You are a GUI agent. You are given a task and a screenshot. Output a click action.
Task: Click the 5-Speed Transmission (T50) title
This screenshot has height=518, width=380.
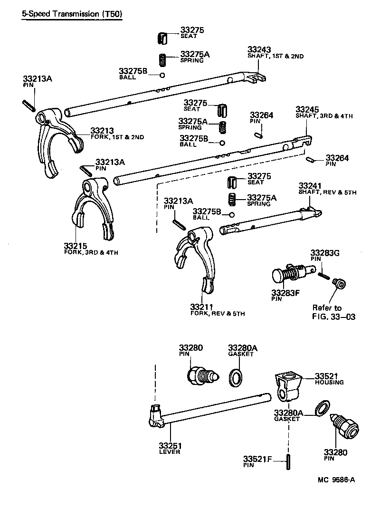72,14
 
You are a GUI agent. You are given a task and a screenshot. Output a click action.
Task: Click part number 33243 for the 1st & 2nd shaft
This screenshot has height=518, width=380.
259,50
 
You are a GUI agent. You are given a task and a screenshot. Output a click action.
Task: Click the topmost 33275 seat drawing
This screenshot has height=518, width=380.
162,37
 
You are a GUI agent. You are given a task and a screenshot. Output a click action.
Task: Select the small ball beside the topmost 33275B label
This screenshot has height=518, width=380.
162,75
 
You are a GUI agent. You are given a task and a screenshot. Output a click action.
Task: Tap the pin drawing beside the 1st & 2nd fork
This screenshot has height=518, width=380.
27,104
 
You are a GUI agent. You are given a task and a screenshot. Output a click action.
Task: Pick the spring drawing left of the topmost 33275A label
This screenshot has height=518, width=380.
162,60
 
